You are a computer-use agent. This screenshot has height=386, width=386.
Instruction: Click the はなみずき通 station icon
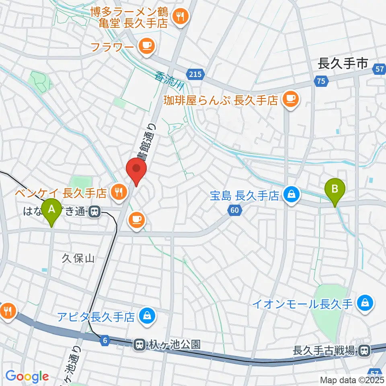[x=95, y=211]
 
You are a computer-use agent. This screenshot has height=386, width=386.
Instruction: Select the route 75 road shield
[x=320, y=81]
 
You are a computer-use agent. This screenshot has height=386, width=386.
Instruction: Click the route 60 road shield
[x=235, y=209]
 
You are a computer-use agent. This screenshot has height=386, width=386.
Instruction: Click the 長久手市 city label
[x=343, y=63]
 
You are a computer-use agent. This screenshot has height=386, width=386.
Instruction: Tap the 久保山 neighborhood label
[x=78, y=259]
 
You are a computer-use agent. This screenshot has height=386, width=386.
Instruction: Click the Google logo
[x=27, y=376]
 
